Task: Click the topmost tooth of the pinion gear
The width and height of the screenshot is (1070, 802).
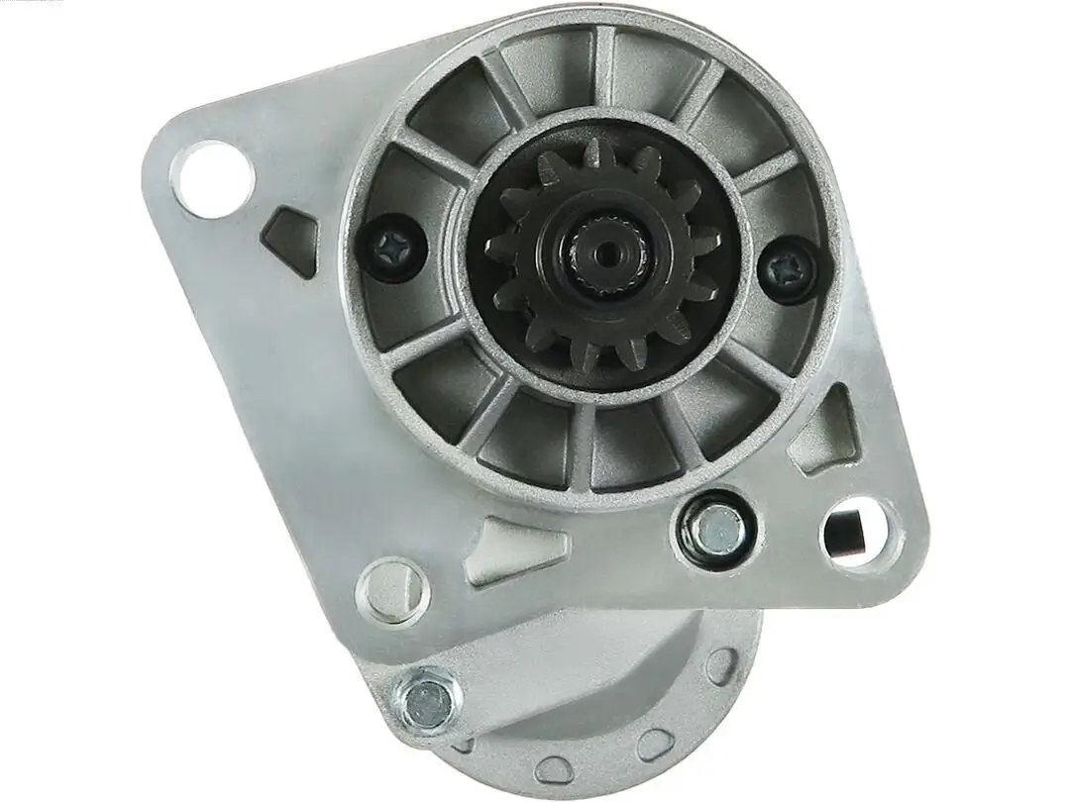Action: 597,153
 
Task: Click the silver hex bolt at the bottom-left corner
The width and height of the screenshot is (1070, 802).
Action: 427,698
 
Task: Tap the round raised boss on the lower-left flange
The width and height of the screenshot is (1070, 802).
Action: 393,589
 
